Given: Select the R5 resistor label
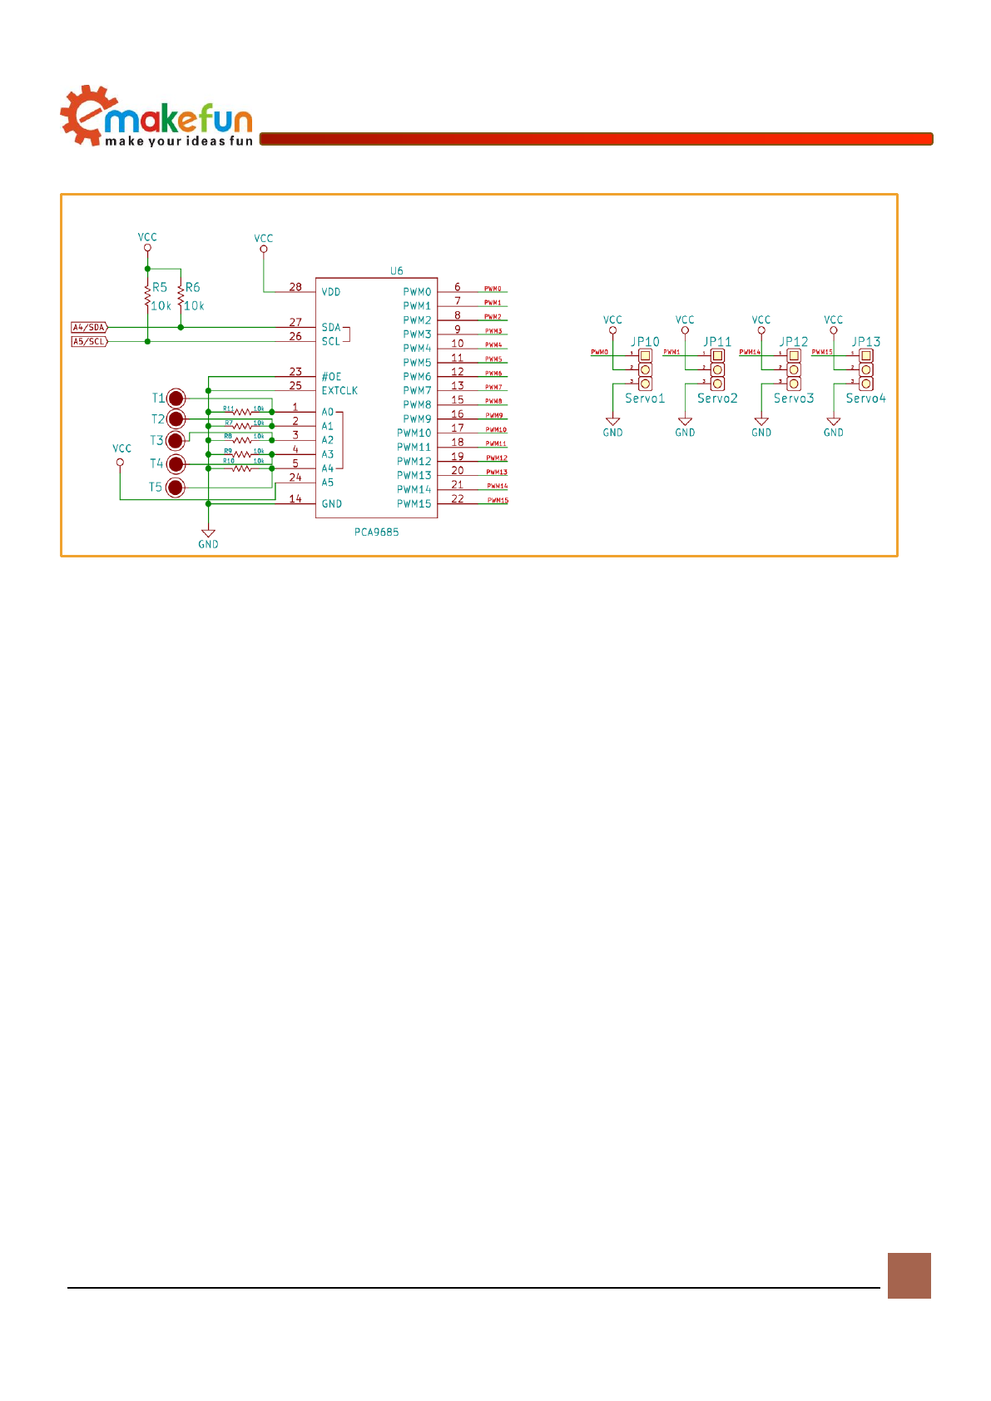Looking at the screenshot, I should coord(159,288).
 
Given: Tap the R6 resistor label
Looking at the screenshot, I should coord(192,288).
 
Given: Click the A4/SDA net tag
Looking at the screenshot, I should coord(89,328).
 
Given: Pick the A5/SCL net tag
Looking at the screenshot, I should coord(89,342).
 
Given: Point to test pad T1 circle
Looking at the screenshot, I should coord(176,398).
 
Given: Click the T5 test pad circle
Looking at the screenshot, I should coord(176,488).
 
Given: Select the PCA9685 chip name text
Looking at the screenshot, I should coord(376,532).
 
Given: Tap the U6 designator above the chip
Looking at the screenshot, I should coord(397,271).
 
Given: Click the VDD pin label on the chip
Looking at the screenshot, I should coord(331,292).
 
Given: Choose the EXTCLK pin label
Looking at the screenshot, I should coord(339,391).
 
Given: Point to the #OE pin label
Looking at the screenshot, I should coord(331,377).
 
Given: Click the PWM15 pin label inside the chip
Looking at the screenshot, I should coord(414,504).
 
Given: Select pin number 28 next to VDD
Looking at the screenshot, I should coord(295,287).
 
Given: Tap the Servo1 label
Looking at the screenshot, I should coord(645,399).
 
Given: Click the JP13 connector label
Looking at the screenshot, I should coord(865,342).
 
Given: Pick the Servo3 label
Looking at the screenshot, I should coord(794,399).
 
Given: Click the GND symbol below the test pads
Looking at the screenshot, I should coord(208,534).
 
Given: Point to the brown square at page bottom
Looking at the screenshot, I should coord(909,1275).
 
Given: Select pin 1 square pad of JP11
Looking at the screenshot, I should coord(717,355).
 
